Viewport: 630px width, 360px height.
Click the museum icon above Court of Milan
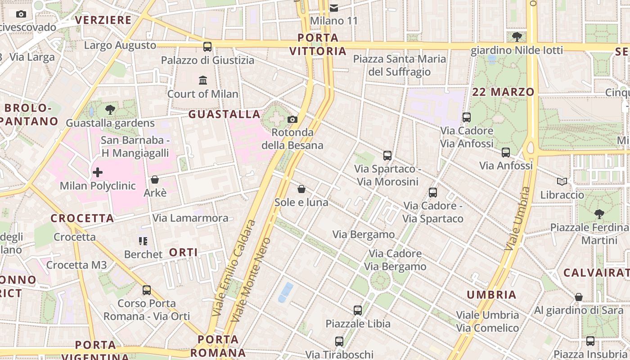click(x=203, y=81)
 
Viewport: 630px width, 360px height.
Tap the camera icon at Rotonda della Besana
click(x=292, y=119)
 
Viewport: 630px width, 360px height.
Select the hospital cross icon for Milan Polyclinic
click(x=98, y=172)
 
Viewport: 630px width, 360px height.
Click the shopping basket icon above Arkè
click(x=155, y=180)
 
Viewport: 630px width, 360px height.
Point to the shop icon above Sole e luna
click(x=301, y=189)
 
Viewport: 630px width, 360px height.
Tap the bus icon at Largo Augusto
click(x=207, y=46)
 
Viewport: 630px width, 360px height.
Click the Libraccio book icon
click(x=562, y=181)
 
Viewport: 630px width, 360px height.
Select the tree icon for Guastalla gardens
click(x=110, y=109)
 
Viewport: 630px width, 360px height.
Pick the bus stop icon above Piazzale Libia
click(x=358, y=310)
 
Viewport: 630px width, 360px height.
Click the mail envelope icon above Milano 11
click(x=334, y=8)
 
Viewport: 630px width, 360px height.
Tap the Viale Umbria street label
click(x=518, y=219)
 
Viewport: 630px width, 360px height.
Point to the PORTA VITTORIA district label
click(x=318, y=44)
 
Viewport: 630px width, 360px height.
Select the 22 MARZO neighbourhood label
click(x=504, y=92)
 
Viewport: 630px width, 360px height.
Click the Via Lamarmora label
click(x=190, y=218)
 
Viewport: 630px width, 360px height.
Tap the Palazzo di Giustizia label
click(x=207, y=60)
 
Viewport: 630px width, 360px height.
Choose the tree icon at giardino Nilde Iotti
click(x=517, y=36)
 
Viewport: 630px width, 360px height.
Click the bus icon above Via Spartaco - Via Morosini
click(x=387, y=156)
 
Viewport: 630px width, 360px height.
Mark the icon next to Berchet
click(x=143, y=241)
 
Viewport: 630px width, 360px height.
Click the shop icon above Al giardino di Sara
click(x=579, y=297)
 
